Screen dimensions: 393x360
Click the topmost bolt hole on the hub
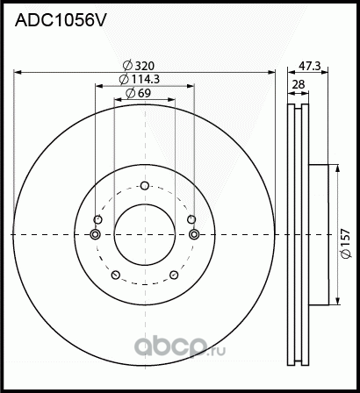(146, 185)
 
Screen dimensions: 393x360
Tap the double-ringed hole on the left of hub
(96, 234)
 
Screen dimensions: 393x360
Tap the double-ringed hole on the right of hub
(194, 234)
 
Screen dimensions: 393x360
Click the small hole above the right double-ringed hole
(191, 219)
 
